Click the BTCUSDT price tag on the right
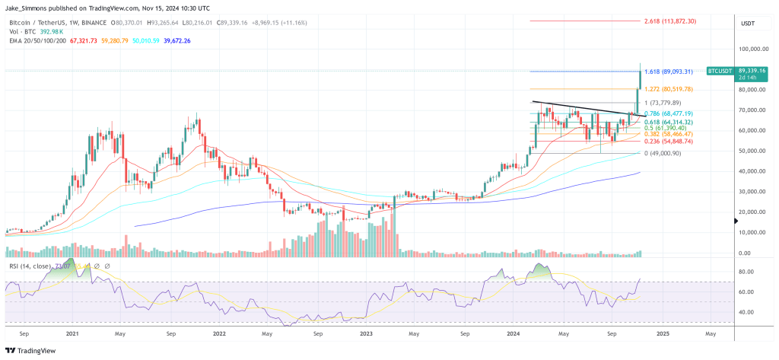tap(720, 71)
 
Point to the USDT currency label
tap(748, 24)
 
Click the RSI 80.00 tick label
tap(747, 272)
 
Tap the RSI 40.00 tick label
tap(747, 312)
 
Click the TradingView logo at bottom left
tap(30, 350)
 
